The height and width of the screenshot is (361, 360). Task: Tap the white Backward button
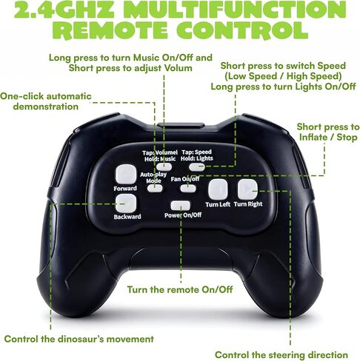[126, 203]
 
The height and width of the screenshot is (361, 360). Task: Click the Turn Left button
[218, 189]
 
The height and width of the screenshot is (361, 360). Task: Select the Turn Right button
[247, 189]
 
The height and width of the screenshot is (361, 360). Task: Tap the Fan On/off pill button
[188, 189]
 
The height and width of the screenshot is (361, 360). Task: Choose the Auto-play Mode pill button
[155, 189]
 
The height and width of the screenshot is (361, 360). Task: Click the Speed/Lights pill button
[197, 167]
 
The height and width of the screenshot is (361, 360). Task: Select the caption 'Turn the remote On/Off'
[180, 289]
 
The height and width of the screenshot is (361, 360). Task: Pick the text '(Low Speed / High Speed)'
[283, 76]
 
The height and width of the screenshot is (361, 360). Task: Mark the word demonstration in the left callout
[46, 107]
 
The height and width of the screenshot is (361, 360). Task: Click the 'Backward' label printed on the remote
[127, 217]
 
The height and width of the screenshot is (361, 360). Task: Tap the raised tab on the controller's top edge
[181, 125]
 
